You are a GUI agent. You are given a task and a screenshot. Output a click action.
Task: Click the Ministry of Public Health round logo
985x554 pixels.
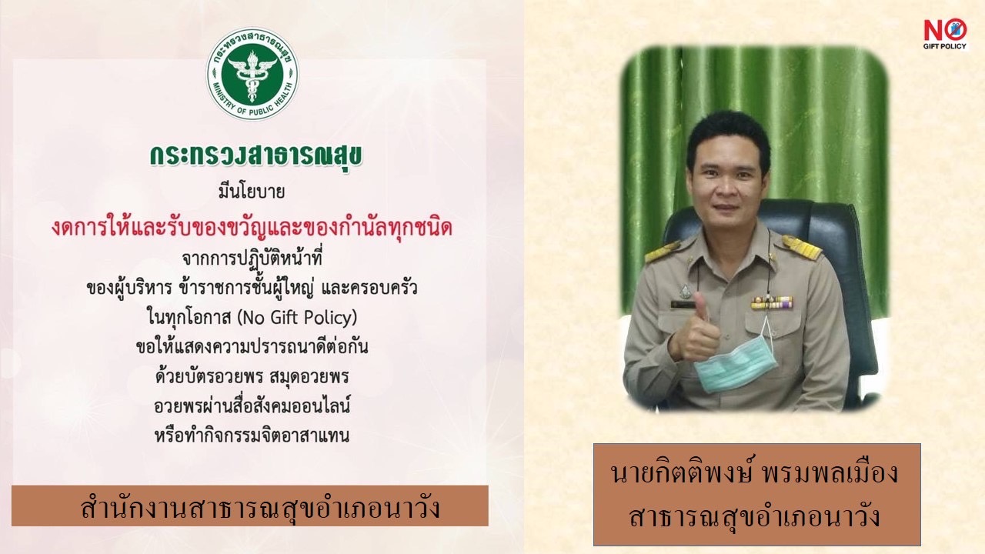(252, 73)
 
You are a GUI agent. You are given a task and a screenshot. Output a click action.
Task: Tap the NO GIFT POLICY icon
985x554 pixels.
(945, 34)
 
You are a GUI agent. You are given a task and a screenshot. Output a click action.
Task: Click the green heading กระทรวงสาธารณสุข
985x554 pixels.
(256, 157)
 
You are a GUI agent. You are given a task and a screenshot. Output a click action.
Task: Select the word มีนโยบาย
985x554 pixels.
(252, 192)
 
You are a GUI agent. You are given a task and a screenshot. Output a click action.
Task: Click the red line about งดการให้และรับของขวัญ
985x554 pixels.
(252, 228)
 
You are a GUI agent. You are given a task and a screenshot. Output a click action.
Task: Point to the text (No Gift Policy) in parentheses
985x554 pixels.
(297, 318)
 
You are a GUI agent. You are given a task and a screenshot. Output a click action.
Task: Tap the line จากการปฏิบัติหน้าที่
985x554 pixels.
(252, 258)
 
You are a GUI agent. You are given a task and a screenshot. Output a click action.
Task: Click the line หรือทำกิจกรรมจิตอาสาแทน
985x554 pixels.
(252, 436)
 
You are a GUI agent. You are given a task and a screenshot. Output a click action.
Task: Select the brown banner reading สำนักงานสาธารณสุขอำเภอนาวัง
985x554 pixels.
(250, 506)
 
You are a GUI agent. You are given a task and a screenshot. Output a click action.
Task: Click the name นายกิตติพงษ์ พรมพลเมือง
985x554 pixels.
(755, 473)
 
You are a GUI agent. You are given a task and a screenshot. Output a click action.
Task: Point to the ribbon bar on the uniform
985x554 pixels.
(772, 302)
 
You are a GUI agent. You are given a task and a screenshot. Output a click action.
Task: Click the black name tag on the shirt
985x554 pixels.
(683, 304)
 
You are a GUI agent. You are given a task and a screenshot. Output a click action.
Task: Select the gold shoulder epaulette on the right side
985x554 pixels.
(802, 247)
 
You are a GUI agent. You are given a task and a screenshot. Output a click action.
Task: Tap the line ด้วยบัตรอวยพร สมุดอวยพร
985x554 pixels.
(252, 376)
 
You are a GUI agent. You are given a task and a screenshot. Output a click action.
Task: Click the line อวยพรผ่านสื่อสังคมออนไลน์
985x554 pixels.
(252, 405)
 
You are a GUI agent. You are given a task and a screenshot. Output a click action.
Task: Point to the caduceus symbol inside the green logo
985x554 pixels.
(252, 75)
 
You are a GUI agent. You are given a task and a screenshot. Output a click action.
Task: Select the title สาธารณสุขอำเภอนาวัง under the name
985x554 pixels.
(755, 517)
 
